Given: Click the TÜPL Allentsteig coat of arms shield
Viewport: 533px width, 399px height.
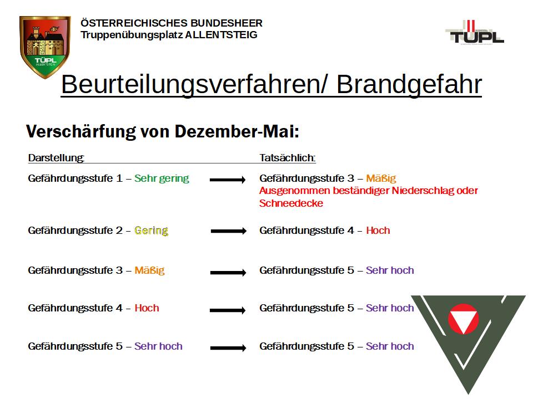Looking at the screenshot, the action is [45, 47].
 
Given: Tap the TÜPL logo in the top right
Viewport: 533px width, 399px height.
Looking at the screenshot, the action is [475, 33].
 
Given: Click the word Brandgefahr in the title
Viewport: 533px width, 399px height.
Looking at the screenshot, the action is [409, 84].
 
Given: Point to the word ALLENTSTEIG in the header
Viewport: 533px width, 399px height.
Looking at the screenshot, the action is [221, 35].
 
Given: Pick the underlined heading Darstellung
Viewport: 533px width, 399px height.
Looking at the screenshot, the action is [56, 158].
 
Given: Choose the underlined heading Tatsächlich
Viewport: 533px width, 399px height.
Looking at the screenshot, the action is [287, 158].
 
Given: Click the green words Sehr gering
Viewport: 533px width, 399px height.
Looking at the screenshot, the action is [162, 178].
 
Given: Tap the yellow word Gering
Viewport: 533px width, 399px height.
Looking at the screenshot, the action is [151, 231].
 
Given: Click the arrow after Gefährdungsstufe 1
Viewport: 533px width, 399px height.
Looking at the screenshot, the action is [228, 180].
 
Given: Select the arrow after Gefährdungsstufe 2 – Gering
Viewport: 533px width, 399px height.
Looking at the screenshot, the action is [228, 232].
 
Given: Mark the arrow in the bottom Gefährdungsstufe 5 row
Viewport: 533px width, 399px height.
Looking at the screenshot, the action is [228, 348].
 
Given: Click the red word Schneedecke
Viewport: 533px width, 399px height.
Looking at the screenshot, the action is [291, 203].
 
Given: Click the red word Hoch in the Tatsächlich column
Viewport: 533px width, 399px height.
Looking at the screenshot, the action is [378, 231].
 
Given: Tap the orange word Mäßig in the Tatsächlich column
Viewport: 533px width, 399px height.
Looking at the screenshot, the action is [381, 178].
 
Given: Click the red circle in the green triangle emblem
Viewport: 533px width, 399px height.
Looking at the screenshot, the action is [463, 320].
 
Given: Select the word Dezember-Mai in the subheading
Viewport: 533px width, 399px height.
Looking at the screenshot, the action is [237, 132].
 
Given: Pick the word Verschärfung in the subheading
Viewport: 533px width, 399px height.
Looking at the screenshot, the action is [80, 132].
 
